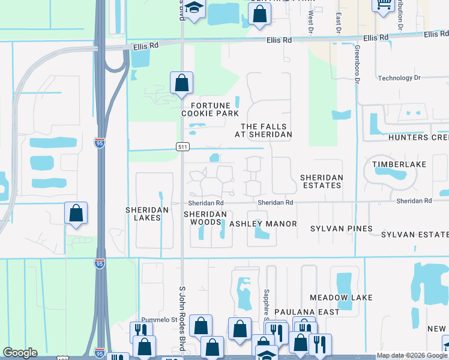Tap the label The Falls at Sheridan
coord(266,130)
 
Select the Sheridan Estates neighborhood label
coord(321,181)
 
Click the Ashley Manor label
coord(263,224)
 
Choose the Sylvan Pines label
coord(341,229)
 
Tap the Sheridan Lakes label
coord(143,214)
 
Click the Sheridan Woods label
coord(206,218)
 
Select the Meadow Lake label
coord(341,298)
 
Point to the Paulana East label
coord(307,312)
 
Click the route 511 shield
coord(183,146)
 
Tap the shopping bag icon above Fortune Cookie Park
coord(181,83)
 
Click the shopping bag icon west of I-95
coord(76,214)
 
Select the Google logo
coord(20,353)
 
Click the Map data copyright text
coord(412,355)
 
